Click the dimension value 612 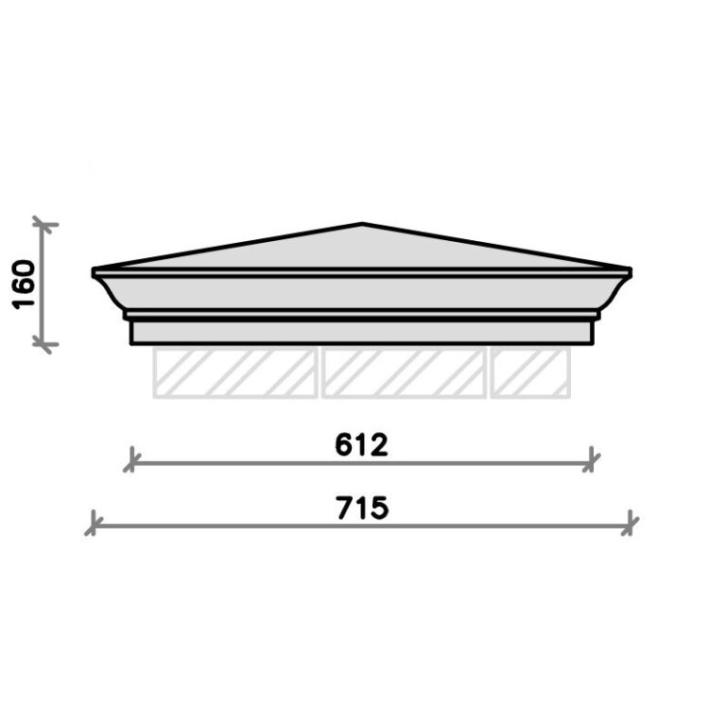click(x=362, y=445)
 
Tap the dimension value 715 click(x=362, y=508)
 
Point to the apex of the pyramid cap click(x=363, y=225)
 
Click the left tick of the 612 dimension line click(x=131, y=462)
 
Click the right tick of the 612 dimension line click(x=593, y=462)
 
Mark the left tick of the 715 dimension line click(x=93, y=523)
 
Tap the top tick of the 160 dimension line click(x=42, y=224)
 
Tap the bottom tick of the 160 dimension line click(x=42, y=344)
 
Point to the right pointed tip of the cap click(x=630, y=272)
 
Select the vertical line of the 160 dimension click(x=42, y=284)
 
